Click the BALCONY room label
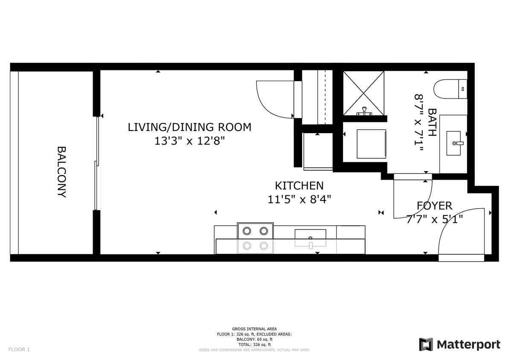click(61, 172)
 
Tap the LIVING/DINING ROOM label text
click(189, 127)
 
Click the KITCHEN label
click(299, 186)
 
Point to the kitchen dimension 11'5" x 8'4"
click(299, 199)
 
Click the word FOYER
click(434, 206)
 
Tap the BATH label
click(432, 122)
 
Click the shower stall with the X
click(364, 93)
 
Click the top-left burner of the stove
click(247, 231)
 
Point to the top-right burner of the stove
click(264, 231)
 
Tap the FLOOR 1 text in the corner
click(19, 350)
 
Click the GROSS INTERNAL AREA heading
click(254, 329)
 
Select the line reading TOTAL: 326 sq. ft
click(254, 345)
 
